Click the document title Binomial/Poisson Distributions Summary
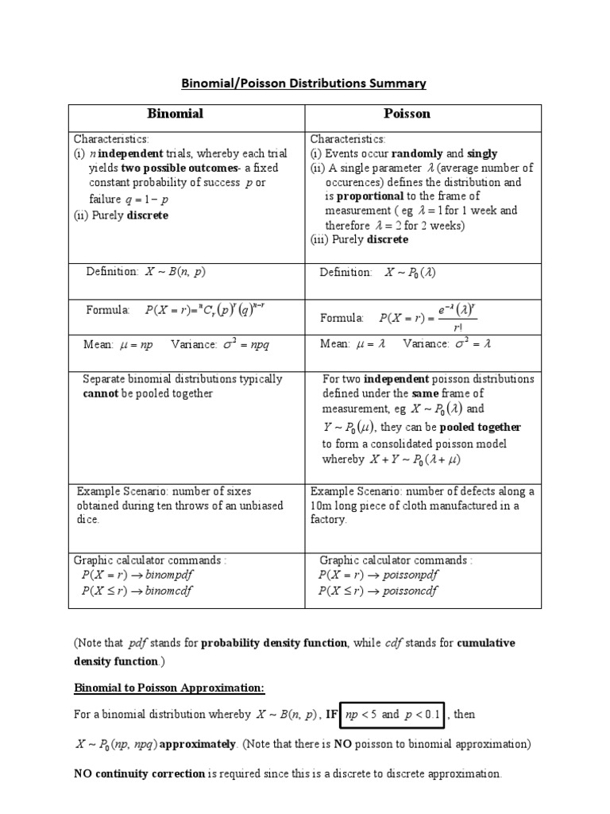pos(305,83)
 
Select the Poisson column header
pos(423,114)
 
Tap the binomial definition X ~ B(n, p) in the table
pos(175,272)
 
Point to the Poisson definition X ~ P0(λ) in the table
pos(411,273)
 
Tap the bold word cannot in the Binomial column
pos(101,393)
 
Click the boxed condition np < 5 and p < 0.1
pos(394,714)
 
